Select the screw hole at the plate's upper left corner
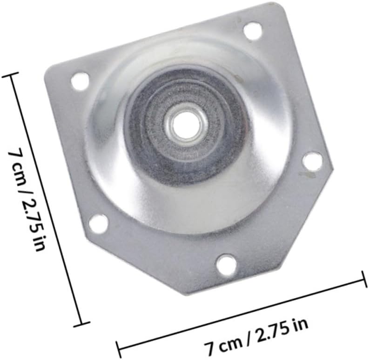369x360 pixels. pos(80,82)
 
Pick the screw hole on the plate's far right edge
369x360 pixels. pos(312,161)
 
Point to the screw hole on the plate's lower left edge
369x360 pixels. pos(98,224)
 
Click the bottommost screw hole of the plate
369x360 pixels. pos(227,264)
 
